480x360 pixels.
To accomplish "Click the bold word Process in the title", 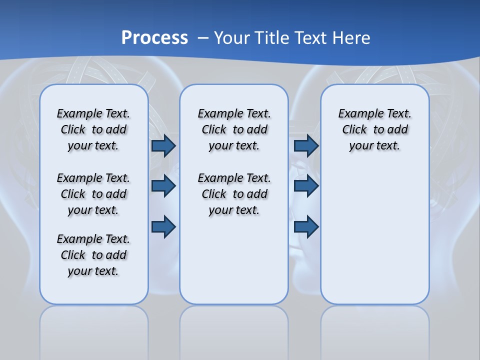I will point(154,37).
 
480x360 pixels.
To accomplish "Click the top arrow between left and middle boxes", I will point(163,145).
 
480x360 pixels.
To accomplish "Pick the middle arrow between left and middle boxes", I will point(163,186).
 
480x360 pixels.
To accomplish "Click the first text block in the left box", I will point(93,129).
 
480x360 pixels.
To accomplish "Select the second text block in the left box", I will point(93,194).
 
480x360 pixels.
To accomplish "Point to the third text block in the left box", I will point(93,255).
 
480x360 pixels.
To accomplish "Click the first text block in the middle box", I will point(234,129).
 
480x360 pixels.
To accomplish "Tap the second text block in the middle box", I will point(234,194).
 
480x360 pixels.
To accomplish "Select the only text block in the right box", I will point(374,129).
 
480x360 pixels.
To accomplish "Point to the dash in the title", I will point(203,37).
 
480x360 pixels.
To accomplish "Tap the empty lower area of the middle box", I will point(234,260).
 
